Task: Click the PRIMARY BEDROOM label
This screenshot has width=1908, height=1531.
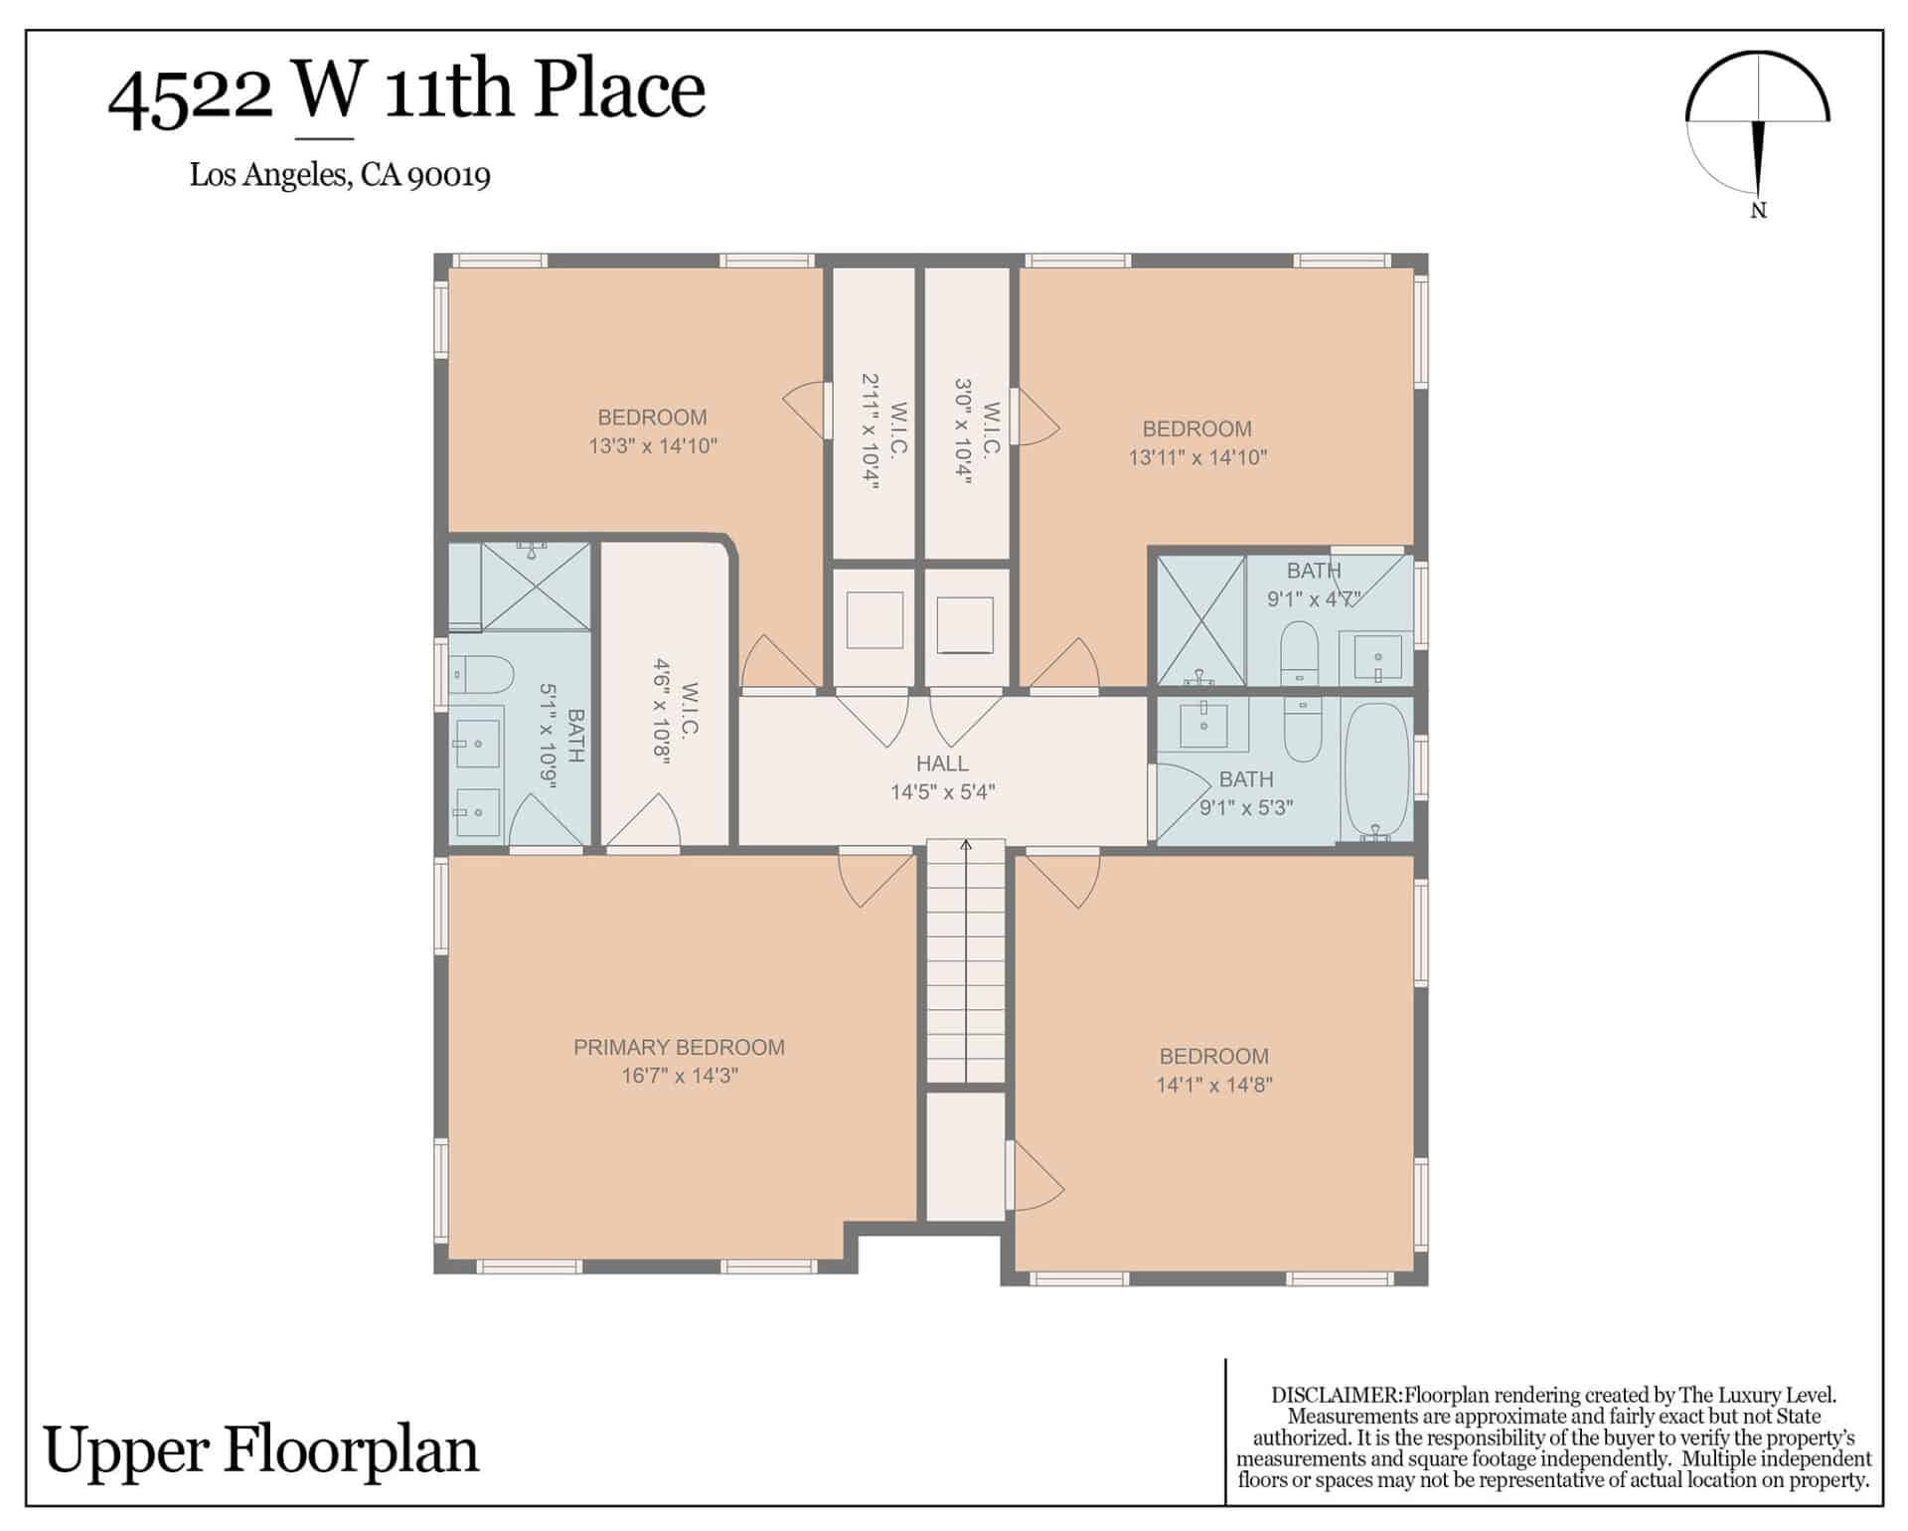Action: click(679, 1047)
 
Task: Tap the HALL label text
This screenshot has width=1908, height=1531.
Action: click(942, 764)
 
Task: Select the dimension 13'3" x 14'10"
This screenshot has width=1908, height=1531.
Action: click(653, 445)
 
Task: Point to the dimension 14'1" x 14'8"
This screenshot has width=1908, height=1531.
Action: click(1214, 1085)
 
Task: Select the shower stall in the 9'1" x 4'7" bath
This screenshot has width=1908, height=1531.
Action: click(1201, 620)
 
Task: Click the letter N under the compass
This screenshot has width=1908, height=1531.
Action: click(1758, 211)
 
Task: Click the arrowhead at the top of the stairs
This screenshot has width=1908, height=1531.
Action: click(966, 845)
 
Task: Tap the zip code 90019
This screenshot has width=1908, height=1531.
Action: click(449, 176)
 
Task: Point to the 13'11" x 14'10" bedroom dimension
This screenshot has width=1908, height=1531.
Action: click(1197, 457)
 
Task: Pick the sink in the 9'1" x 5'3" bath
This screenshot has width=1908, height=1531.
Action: click(1204, 723)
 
